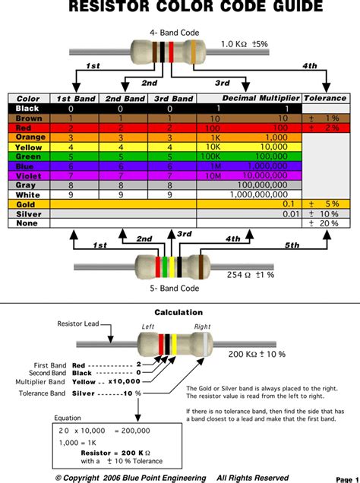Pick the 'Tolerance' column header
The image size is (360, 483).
324,99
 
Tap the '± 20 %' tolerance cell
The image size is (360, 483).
324,223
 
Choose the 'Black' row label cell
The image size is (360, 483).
27,109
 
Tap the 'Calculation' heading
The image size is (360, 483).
178,312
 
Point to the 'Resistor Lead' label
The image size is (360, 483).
78,324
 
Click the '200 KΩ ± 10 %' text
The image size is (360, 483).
257,355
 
